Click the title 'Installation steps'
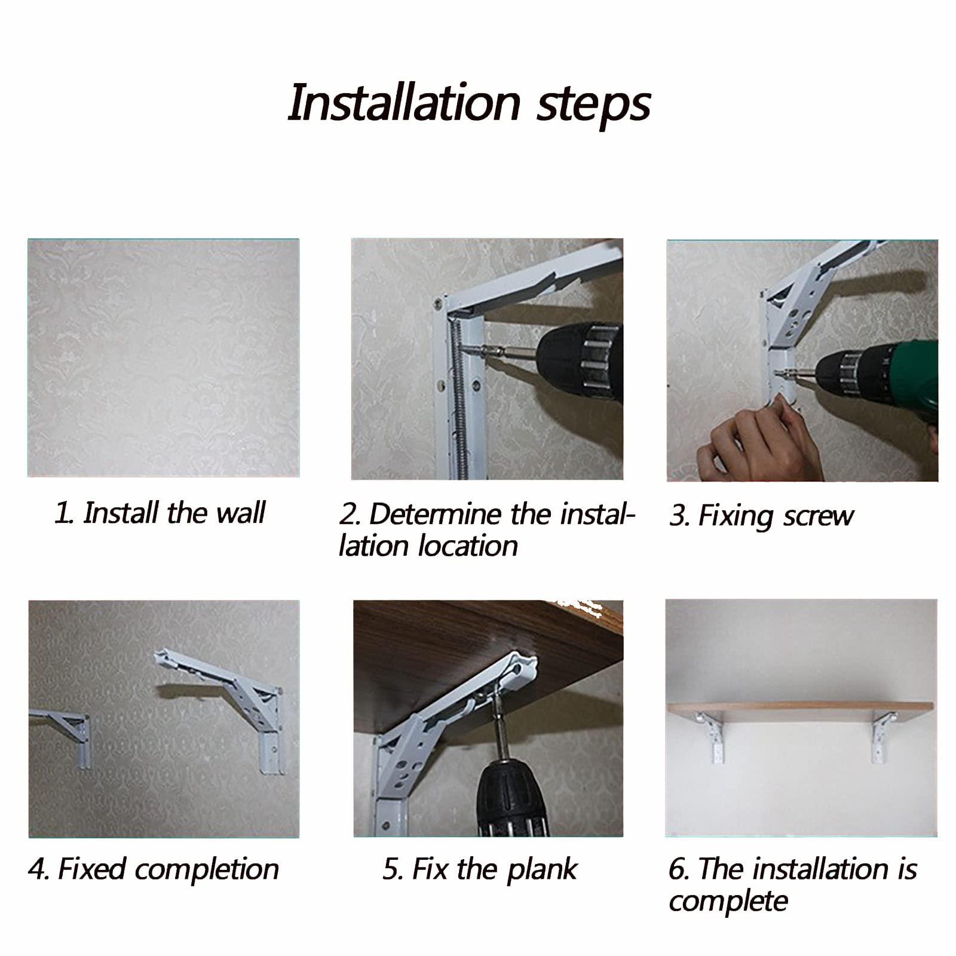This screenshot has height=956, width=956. point(469,103)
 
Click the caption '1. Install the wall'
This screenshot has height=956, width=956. point(160,513)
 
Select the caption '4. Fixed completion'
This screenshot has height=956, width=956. point(154,869)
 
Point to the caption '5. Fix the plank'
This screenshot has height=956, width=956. point(480,869)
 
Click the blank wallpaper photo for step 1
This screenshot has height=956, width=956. point(164,358)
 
